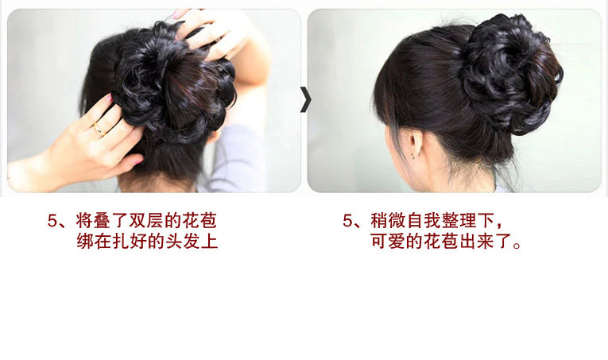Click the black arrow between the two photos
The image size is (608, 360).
point(304,99)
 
